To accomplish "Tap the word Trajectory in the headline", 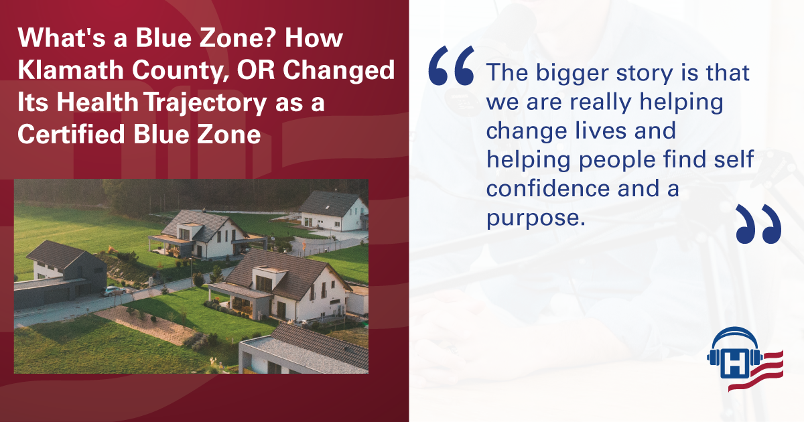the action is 206,103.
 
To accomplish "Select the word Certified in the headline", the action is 71,134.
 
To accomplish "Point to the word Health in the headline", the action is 97,102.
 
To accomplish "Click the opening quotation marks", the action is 452,66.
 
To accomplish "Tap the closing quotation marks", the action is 758,224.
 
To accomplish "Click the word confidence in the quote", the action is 548,188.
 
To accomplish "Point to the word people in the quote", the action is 617,160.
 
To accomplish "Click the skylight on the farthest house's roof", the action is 328,208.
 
